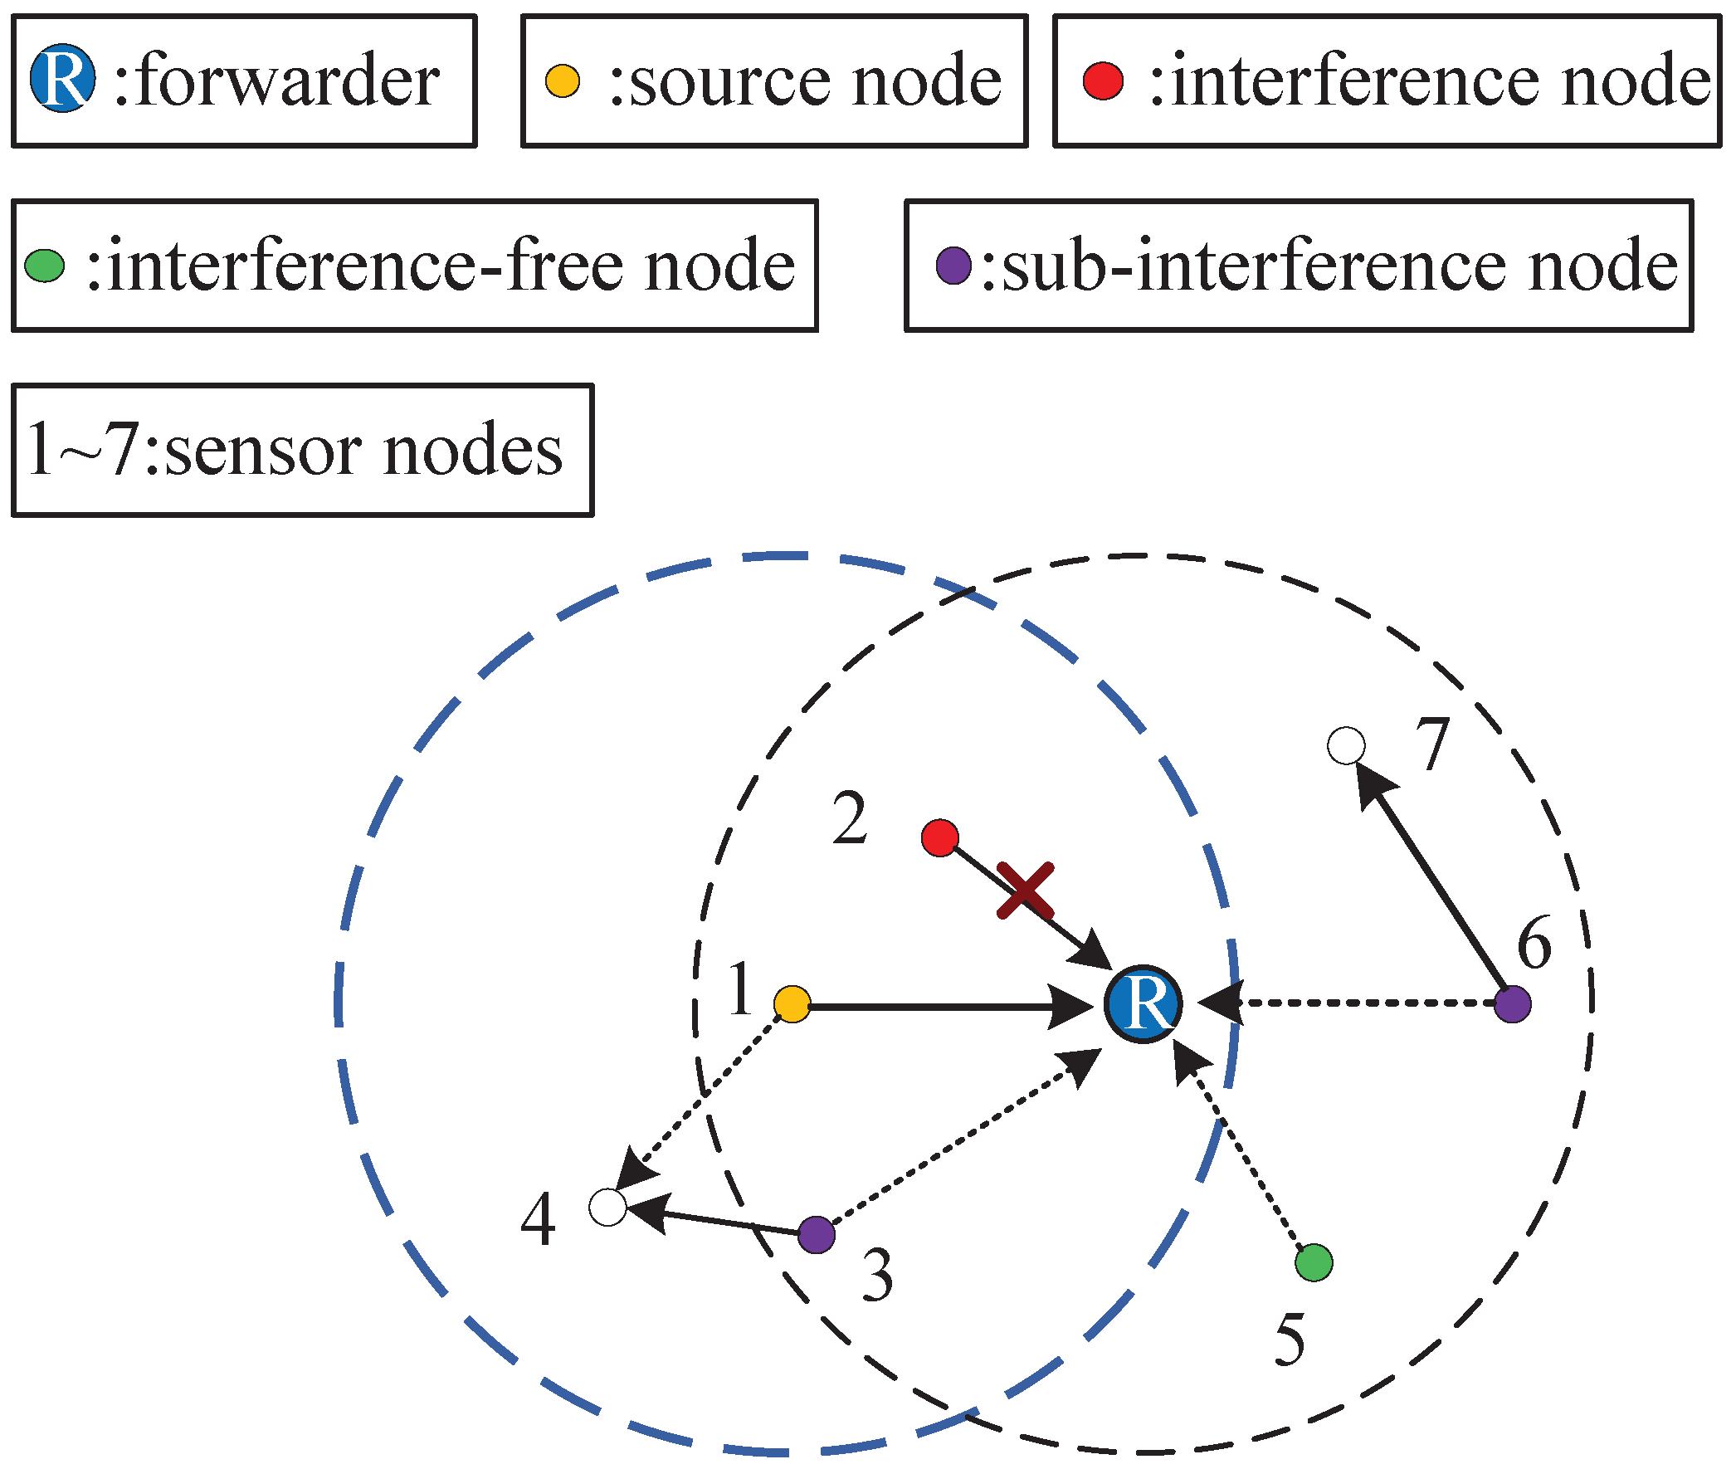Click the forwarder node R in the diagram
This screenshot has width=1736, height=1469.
1144,1004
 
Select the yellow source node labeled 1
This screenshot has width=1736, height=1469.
792,1004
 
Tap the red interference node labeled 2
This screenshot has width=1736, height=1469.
940,837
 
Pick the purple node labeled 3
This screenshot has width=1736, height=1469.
817,1234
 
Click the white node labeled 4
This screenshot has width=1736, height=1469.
607,1208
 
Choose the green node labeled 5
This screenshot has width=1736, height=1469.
1314,1262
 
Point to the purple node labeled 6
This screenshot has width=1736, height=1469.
1513,1004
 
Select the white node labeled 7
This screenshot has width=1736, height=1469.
1346,745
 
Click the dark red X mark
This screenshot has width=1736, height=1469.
1026,891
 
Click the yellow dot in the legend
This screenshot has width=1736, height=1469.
563,81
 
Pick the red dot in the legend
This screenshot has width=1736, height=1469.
1103,81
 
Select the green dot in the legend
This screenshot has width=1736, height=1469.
45,266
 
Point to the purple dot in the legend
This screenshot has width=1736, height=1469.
953,266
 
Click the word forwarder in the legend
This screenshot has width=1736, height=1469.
286,80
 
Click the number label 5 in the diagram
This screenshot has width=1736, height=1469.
1290,1340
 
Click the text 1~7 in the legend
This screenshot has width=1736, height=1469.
82,450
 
